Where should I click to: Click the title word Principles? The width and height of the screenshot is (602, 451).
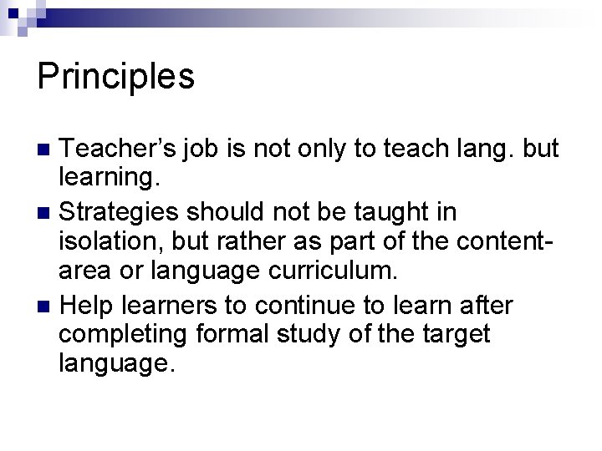point(116,77)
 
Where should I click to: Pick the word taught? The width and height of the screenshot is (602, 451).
point(387,213)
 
